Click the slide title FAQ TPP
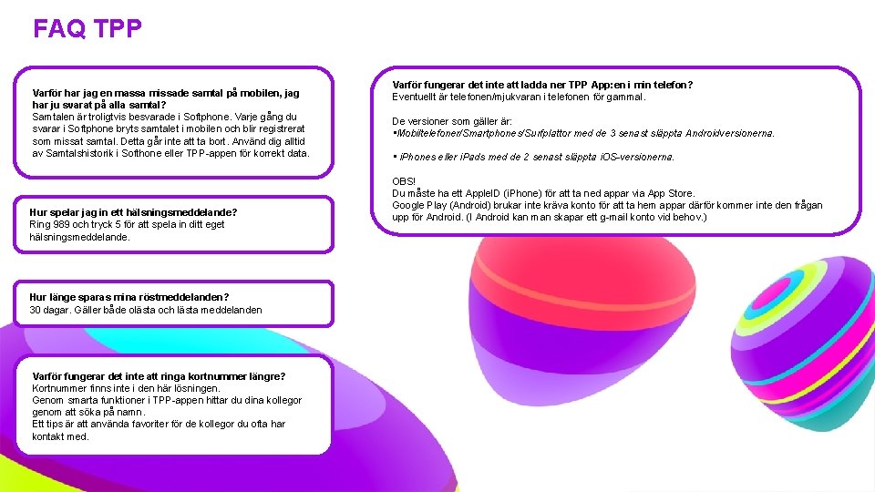pos(87,29)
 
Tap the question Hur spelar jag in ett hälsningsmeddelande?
pos(133,212)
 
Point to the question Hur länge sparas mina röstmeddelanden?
pos(129,297)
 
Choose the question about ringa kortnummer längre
pos(159,376)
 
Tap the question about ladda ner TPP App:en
pos(541,85)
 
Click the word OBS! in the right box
pos(404,182)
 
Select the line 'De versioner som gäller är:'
pos(452,121)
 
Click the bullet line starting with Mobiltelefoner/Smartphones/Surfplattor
pos(583,133)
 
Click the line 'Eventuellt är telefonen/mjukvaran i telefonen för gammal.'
pos(519,97)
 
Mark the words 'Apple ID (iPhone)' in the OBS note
pos(499,193)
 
